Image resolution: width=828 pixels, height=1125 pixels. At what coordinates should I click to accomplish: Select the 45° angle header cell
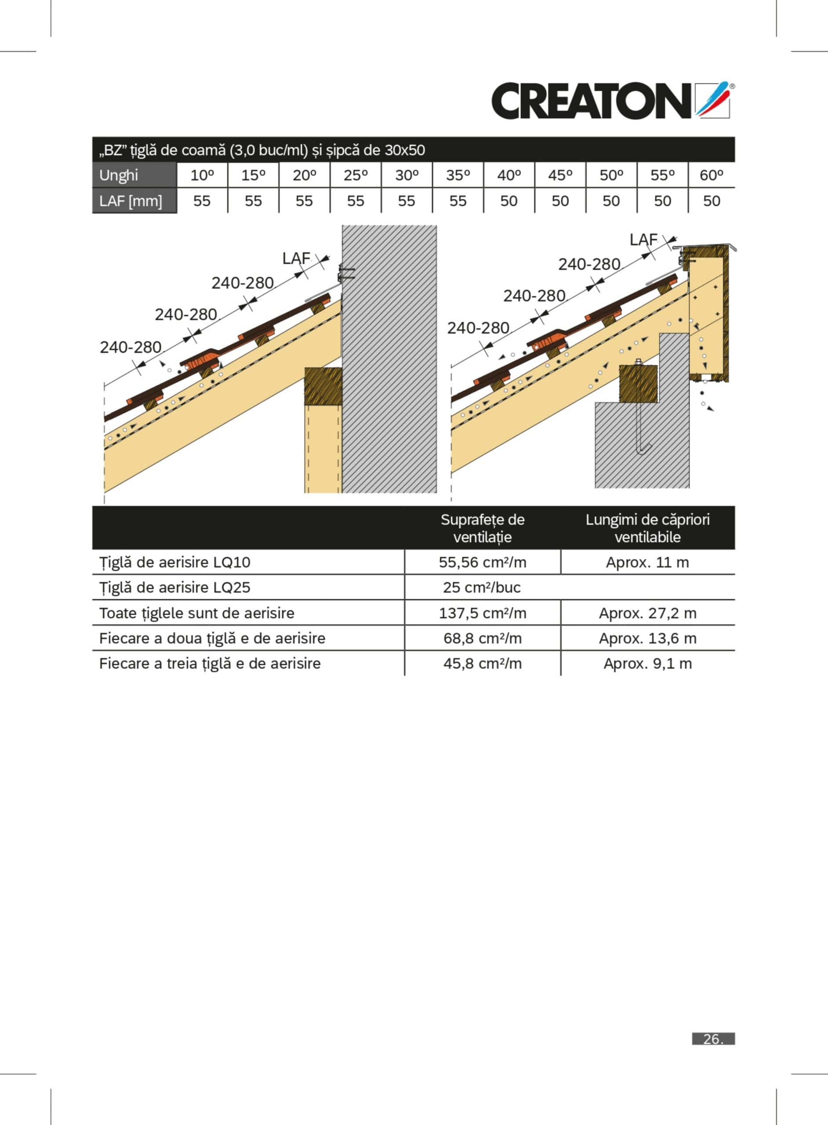[x=560, y=175]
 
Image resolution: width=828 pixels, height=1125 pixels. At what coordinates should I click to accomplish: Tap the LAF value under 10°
[x=202, y=201]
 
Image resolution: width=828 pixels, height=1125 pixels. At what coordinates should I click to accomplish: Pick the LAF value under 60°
[x=711, y=201]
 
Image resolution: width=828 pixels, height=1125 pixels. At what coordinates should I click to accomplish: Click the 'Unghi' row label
[x=119, y=175]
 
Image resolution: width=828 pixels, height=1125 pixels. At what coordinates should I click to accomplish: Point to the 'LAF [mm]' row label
[x=131, y=201]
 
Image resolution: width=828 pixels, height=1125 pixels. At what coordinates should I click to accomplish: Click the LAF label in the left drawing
[x=296, y=258]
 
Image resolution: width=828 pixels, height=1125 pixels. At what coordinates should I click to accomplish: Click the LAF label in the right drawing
[x=643, y=240]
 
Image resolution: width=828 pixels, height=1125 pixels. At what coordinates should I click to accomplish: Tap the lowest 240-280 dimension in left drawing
[x=131, y=347]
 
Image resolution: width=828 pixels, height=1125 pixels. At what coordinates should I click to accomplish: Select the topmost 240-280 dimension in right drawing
[x=589, y=264]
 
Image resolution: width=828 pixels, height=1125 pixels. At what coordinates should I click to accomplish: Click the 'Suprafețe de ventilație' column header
[x=482, y=528]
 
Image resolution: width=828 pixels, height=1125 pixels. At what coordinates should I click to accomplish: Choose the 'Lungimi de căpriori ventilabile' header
[x=647, y=528]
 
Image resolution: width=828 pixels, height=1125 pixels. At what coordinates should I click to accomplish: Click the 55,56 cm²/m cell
[x=482, y=562]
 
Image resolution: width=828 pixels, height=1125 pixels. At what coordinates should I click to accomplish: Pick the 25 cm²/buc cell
[x=482, y=587]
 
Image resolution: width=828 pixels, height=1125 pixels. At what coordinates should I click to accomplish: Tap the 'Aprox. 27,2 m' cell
[x=647, y=613]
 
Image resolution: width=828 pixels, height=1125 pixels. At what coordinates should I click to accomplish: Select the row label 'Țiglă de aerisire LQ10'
[x=175, y=562]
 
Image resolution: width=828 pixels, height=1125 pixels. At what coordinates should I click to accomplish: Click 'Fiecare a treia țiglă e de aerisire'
[x=210, y=664]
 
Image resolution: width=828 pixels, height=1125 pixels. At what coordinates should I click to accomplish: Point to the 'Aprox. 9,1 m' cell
[x=647, y=664]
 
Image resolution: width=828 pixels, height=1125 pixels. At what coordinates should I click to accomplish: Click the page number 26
[x=713, y=1039]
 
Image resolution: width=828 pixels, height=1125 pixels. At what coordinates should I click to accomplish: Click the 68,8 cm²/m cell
[x=482, y=638]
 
